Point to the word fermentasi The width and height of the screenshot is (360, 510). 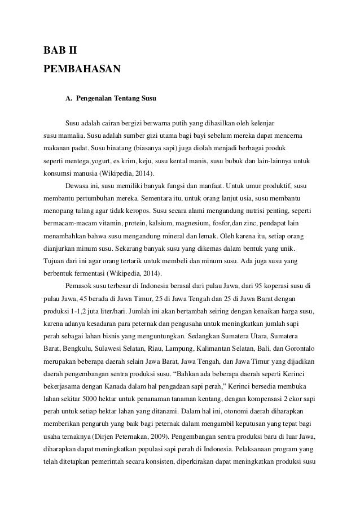pos(91,273)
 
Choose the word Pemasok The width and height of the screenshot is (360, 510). pos(80,285)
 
